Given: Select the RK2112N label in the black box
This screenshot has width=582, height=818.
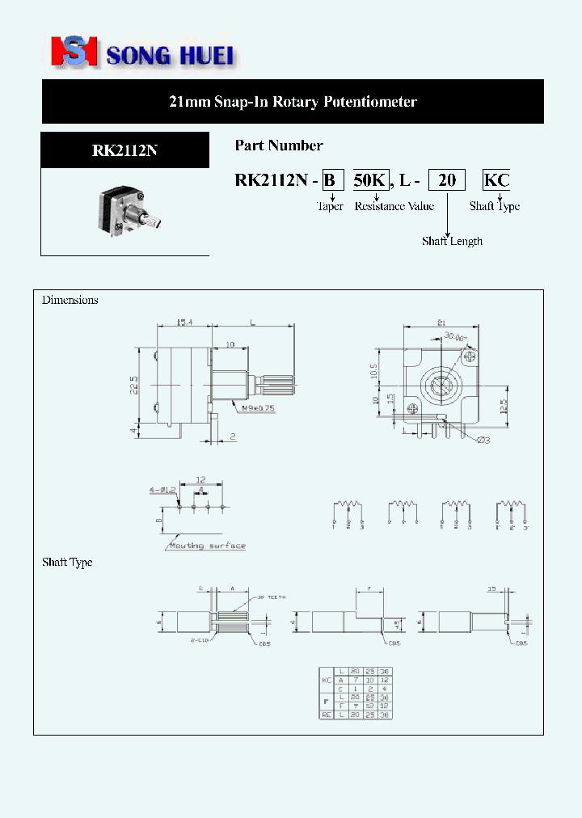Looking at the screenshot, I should [x=124, y=150].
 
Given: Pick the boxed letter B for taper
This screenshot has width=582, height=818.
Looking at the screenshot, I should [x=329, y=180].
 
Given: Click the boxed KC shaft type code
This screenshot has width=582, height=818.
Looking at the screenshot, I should [x=496, y=180].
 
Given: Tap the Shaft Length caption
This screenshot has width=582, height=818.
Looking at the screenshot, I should [x=452, y=241].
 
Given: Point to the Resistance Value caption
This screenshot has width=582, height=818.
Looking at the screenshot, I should [x=394, y=206].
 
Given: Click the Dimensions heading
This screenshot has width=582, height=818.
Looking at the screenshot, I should [x=70, y=300].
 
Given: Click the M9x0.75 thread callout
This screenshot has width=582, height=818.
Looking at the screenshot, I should [x=258, y=408].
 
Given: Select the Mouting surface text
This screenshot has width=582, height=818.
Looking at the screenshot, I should [x=207, y=546].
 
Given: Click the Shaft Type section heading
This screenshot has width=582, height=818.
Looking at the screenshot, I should [x=67, y=562].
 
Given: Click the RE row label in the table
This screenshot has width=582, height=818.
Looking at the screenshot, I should [x=327, y=715].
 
